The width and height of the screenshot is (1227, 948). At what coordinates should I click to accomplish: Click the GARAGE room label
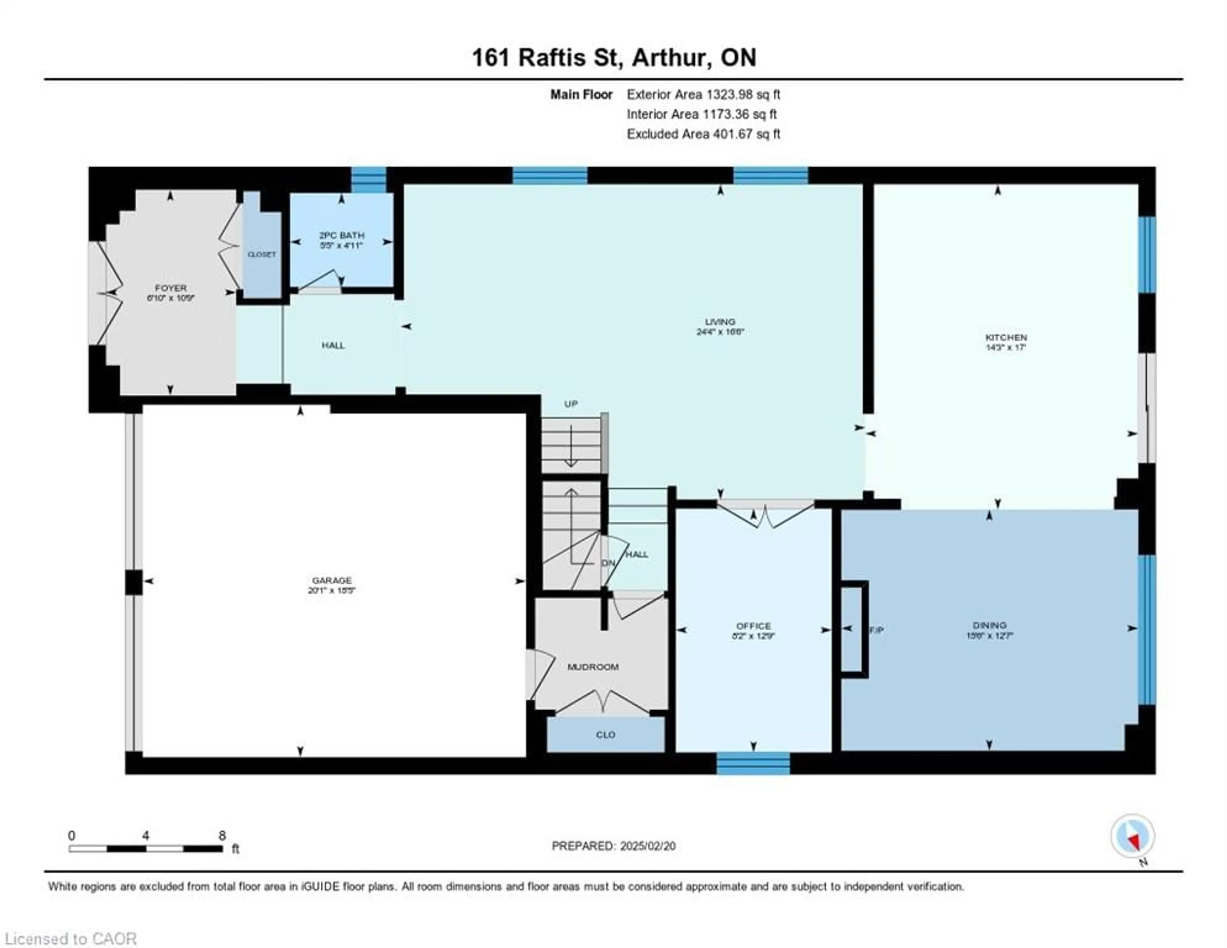pos(331,580)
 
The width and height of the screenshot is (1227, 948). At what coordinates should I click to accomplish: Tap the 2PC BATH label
pos(342,235)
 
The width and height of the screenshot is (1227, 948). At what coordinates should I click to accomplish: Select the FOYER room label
pos(171,288)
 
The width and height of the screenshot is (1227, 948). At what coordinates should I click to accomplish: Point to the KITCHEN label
pos(1006,337)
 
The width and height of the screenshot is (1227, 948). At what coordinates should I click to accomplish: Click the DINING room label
pos(989,625)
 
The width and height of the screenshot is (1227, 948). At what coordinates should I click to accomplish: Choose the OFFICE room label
pos(753,625)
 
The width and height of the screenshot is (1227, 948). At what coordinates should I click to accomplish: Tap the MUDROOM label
pos(593,667)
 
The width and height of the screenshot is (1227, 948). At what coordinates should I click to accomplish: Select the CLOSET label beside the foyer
pos(262,254)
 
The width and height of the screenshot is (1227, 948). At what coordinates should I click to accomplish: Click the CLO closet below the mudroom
pos(605,735)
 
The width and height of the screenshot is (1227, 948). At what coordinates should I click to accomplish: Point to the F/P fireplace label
pos(876,630)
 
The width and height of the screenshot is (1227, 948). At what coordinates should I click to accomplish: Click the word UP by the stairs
pos(571,404)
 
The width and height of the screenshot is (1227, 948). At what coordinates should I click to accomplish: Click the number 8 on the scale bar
pos(222,835)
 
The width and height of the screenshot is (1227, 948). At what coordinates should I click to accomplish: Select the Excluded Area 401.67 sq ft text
pos(703,134)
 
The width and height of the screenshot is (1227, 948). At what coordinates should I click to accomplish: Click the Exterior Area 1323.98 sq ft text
pos(703,94)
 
